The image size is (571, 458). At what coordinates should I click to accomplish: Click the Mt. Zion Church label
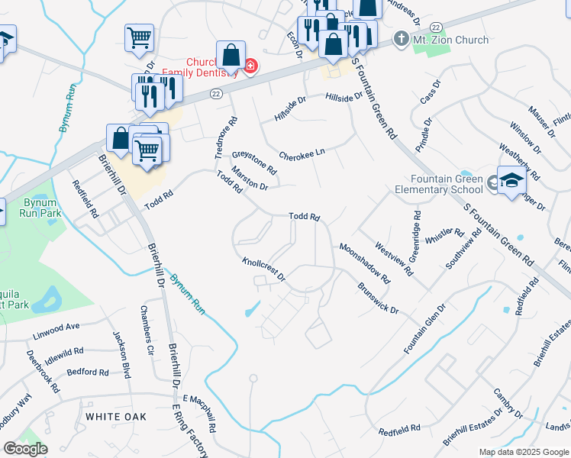[x=450, y=40]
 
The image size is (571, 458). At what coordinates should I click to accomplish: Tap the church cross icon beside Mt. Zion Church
[x=400, y=39]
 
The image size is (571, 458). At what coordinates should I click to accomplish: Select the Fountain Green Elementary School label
[x=439, y=184]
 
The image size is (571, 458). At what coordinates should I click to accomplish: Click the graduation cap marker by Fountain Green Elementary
[x=512, y=181]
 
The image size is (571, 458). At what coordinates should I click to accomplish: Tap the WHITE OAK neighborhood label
[x=115, y=417]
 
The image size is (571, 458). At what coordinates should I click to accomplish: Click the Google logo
[x=25, y=449]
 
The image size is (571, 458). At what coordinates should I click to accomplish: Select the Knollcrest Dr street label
[x=263, y=268]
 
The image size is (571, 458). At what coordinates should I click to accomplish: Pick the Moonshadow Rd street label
[x=365, y=263]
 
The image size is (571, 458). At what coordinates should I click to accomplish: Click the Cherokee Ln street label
[x=302, y=152]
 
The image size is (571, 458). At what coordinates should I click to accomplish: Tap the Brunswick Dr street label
[x=378, y=298]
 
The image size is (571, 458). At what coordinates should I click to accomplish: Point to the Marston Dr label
[x=250, y=180]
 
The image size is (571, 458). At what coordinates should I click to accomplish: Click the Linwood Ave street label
[x=56, y=327]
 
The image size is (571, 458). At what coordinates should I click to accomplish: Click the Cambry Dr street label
[x=507, y=402]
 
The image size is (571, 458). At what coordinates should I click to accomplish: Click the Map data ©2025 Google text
[x=523, y=452]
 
